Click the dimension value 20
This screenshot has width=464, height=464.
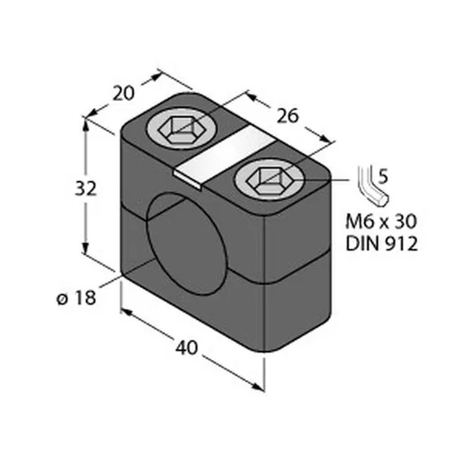coord(123,93)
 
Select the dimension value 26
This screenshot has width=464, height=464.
coord(287,116)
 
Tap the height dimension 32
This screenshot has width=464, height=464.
coord(86,188)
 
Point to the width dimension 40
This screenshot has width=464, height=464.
coord(187,348)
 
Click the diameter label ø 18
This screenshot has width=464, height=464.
coord(77,298)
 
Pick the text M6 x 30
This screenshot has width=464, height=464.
coord(381,222)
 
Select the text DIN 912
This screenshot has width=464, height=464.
coord(381,243)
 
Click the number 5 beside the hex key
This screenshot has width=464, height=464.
coord(383,177)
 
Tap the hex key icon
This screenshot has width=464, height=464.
coord(371,187)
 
